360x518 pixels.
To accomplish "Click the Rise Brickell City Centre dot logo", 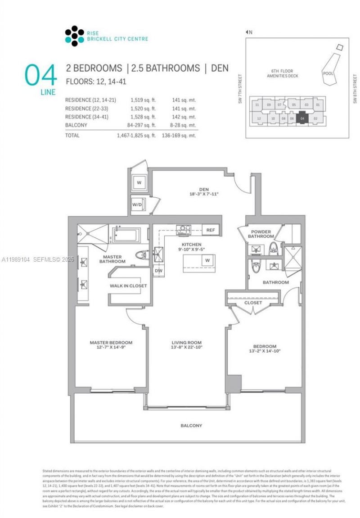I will coord(74,36).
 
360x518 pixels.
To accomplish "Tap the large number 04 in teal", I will coord(40,75).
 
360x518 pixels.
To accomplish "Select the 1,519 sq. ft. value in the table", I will coord(143,100).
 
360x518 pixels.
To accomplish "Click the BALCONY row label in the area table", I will coord(76,125).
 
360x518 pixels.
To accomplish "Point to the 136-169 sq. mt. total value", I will coord(179,135).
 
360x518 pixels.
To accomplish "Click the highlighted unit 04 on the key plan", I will coord(302,118).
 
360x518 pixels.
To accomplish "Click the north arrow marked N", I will coord(249,32).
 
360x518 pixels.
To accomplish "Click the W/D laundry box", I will coord(137,204).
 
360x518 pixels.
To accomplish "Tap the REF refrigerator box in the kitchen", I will coord(211,230).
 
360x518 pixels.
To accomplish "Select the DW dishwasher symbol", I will coord(158,271).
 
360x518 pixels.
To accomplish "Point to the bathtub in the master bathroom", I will coord(126,235).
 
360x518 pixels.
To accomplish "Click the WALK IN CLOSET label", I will coord(128,286).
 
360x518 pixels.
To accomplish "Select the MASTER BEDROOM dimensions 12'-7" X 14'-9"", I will coord(111,347).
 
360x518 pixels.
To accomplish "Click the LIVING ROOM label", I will coord(186,342).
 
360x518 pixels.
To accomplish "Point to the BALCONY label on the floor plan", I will coord(191,425).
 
